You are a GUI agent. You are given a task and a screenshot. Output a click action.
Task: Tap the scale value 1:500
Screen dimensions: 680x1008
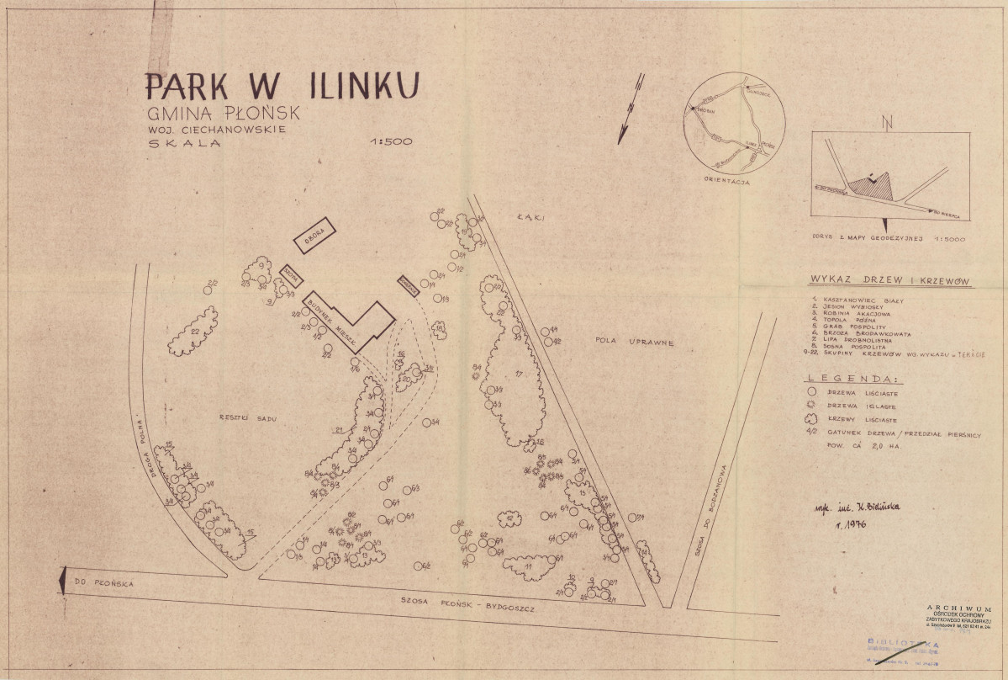(391, 141)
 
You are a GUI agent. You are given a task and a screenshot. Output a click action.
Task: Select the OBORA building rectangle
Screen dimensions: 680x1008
(314, 235)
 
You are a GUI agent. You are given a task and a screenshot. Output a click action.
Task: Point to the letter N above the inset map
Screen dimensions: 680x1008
(885, 125)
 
